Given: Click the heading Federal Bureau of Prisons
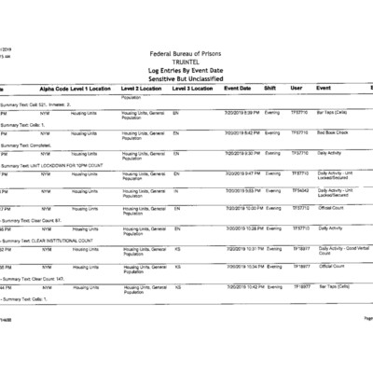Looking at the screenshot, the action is click(x=186, y=56).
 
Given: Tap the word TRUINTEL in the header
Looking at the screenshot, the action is click(x=186, y=63).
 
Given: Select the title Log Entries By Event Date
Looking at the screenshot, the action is click(x=186, y=71).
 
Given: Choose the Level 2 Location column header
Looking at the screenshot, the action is click(x=142, y=88).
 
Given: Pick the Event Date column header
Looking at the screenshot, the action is click(x=237, y=88).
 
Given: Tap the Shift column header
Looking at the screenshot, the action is click(x=270, y=88).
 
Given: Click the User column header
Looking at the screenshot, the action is click(x=297, y=88).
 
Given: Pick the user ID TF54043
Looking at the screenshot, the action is click(x=300, y=190).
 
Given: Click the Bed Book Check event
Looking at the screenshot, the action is click(x=333, y=132).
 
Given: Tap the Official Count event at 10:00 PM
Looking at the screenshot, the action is click(x=331, y=208).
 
